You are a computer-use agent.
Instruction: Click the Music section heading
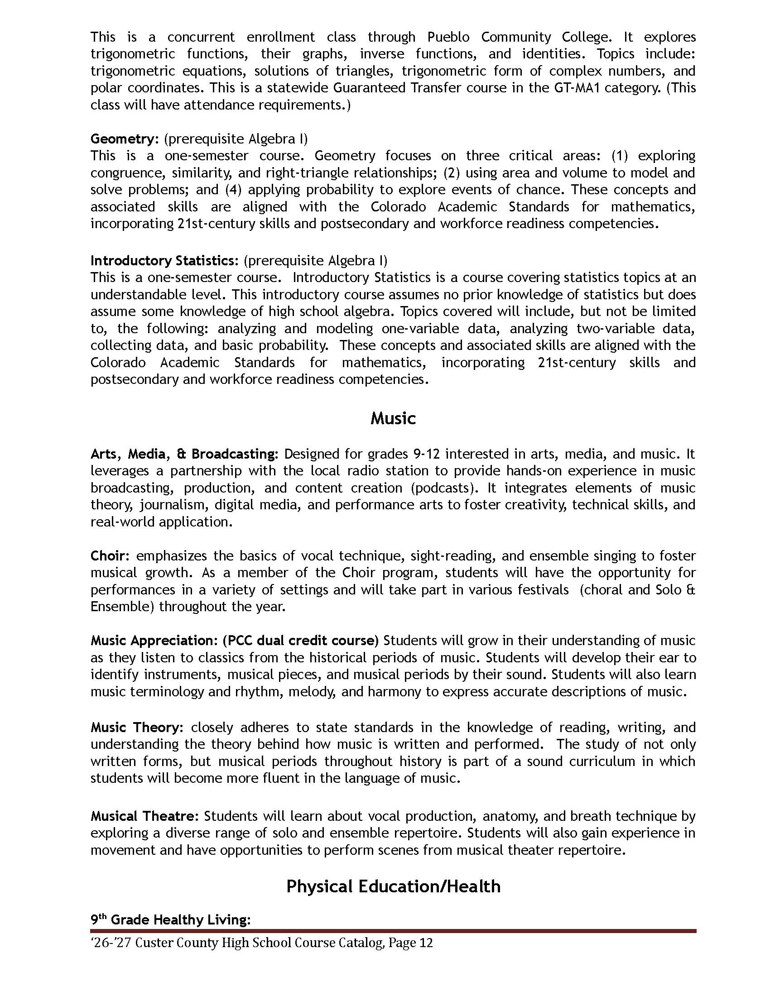point(393,418)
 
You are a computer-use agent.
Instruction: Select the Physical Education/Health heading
point(393,886)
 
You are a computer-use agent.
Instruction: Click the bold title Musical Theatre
point(144,816)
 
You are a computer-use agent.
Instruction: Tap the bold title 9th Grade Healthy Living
point(170,919)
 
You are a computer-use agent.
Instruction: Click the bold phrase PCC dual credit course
point(301,640)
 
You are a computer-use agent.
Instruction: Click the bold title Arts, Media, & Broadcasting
point(183,454)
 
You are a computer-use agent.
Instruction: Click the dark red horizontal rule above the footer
point(393,931)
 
